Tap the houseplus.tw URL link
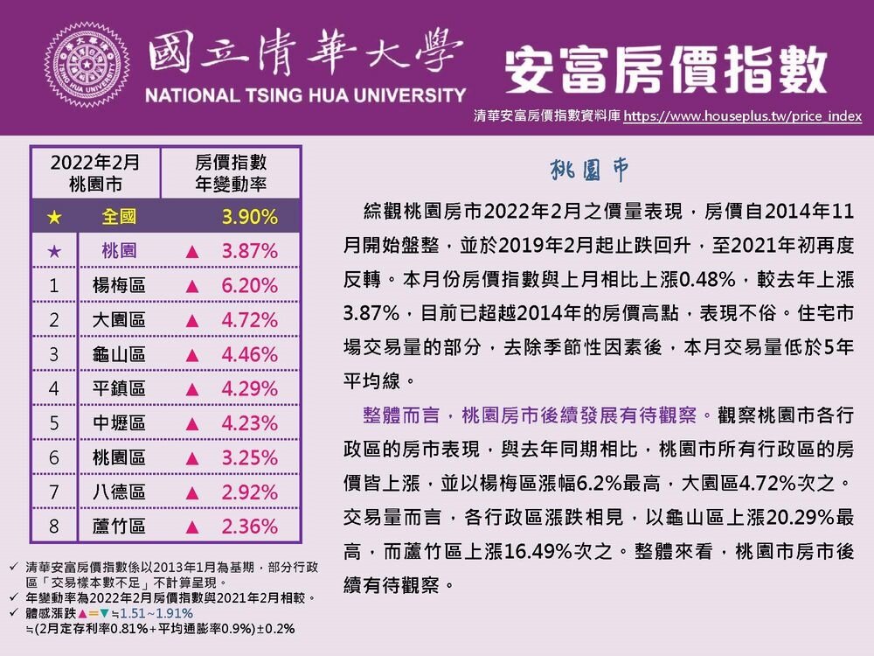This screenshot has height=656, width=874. click(x=744, y=115)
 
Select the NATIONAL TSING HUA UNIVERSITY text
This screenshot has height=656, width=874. click(x=305, y=94)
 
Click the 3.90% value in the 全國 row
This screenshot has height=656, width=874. click(x=249, y=215)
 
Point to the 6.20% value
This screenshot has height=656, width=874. click(x=249, y=285)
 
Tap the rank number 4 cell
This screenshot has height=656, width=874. click(x=54, y=388)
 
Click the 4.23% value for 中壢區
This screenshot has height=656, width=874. click(x=249, y=423)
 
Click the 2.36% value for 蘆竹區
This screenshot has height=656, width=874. click(x=249, y=527)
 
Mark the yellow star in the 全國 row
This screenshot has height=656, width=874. click(x=54, y=215)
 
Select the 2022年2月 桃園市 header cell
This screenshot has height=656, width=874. click(x=95, y=173)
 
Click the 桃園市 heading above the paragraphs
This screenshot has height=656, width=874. click(x=589, y=170)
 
